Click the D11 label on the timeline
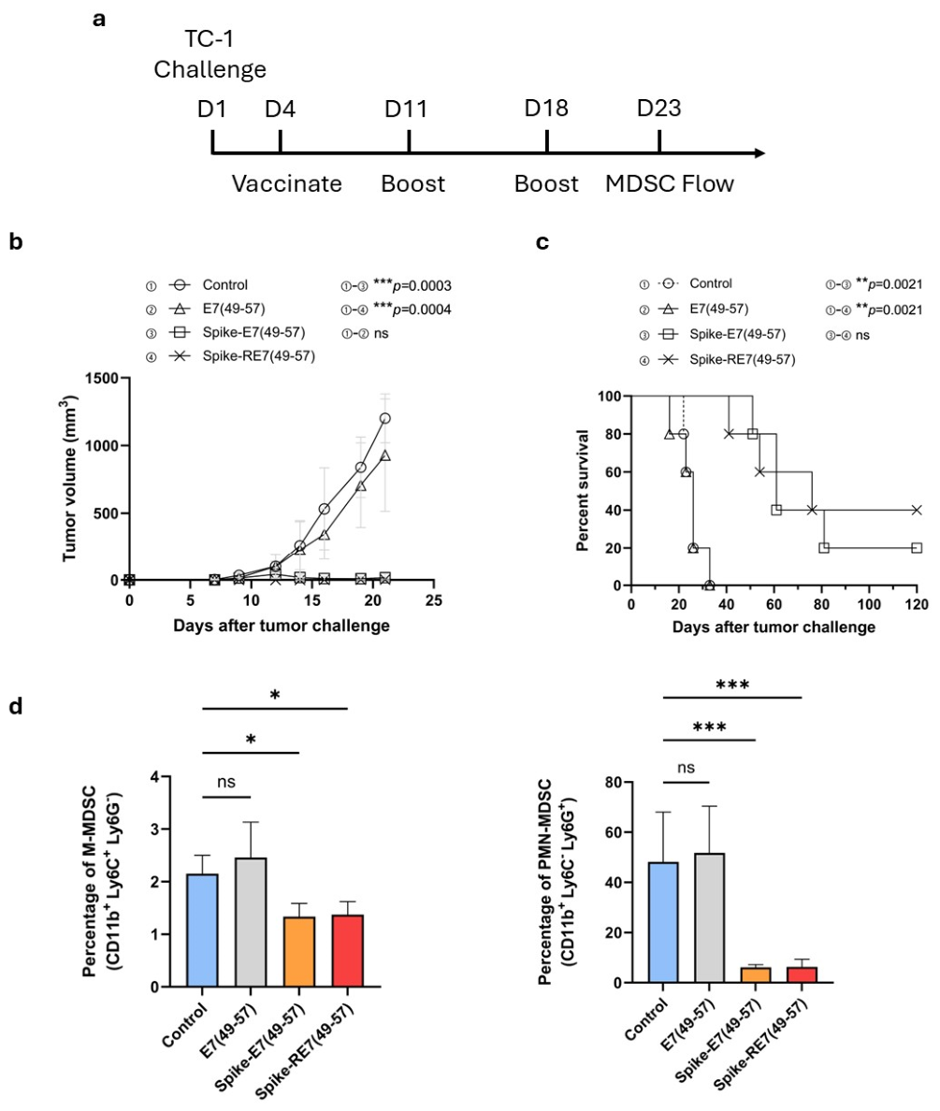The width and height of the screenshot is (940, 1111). tap(406, 108)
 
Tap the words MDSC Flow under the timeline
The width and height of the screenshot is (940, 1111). tap(669, 183)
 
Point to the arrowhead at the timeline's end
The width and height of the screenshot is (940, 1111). tap(759, 153)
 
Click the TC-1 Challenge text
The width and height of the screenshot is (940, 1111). tap(210, 54)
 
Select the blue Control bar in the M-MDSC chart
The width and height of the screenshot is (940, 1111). tap(202, 931)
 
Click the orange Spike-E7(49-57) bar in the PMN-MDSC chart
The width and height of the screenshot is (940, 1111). tap(756, 975)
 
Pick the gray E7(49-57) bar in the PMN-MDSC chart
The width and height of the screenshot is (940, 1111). tap(710, 918)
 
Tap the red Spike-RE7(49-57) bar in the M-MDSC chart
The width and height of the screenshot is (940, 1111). tap(347, 951)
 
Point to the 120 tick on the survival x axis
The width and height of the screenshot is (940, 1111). tap(917, 604)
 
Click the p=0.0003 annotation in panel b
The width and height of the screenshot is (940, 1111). tap(412, 285)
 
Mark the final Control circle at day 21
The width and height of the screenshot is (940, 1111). tap(385, 418)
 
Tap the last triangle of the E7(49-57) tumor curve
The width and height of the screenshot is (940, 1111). tap(385, 455)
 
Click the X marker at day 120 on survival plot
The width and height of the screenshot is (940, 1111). tap(917, 511)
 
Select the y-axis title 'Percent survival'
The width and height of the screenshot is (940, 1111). tap(583, 490)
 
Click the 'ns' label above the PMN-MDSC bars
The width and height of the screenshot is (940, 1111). tap(686, 768)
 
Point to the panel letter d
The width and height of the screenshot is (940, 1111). tap(16, 706)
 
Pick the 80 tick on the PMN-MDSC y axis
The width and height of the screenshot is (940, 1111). tap(614, 782)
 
